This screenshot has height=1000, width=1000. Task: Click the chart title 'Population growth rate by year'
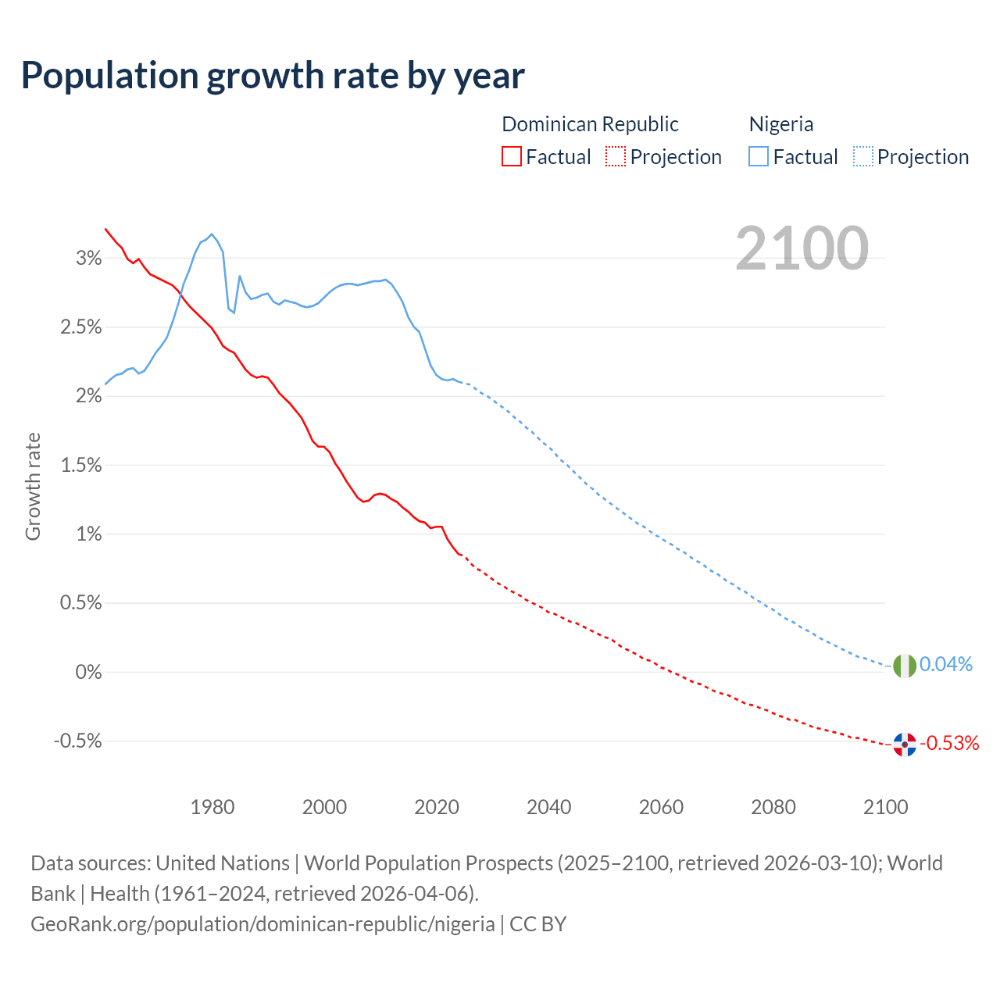point(273,76)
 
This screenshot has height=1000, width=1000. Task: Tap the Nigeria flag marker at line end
point(905,666)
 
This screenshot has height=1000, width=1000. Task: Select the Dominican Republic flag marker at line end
point(905,745)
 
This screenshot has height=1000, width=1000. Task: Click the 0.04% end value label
point(945,664)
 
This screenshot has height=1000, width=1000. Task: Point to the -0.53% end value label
point(949,743)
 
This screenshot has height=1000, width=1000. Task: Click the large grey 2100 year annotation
point(802,248)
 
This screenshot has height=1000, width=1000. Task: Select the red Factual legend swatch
point(512,156)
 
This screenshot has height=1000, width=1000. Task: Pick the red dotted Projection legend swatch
point(616,156)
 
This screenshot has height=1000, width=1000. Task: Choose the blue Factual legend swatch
point(759,156)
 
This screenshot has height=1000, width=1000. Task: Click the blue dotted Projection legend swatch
point(863,156)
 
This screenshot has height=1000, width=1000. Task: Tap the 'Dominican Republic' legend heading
point(590,124)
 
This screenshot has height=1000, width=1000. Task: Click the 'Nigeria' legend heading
point(781,124)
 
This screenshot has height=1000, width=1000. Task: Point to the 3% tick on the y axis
point(88,259)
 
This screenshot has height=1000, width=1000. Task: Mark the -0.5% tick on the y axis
point(78,741)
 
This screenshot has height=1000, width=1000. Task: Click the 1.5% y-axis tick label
point(81,466)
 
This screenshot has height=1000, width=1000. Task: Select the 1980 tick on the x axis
point(212,807)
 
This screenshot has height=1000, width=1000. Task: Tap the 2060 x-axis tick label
point(661,807)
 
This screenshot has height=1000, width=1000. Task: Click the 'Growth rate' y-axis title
point(33,486)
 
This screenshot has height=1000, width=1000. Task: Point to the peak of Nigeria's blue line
point(212,234)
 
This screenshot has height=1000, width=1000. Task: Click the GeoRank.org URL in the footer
point(262,924)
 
